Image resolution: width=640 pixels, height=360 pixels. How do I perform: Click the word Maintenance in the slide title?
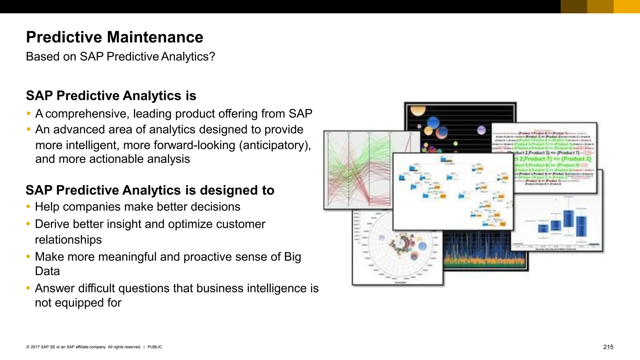pos(155,37)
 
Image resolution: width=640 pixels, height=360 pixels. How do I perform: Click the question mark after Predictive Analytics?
pos(212,57)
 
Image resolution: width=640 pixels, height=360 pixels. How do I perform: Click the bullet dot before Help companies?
pos(28,206)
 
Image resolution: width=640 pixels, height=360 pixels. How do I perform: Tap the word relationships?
pos(68,240)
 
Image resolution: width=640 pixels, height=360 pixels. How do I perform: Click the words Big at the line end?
pos(292,257)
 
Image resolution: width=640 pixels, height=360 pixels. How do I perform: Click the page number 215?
pos(608,347)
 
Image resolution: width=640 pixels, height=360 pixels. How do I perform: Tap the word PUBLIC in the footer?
pos(155,347)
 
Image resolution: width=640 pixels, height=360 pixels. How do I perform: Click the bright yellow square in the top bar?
pos(627,7)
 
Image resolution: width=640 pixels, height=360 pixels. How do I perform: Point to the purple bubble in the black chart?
pos(482,130)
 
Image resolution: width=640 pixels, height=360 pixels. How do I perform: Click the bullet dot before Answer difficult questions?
pos(28,288)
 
